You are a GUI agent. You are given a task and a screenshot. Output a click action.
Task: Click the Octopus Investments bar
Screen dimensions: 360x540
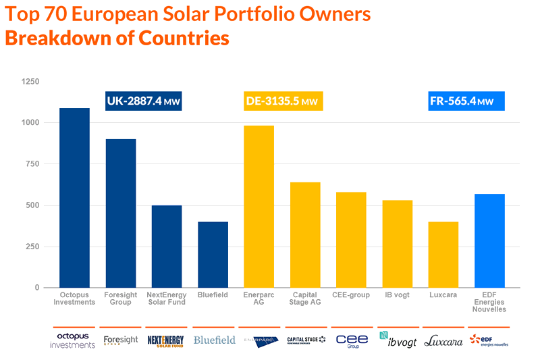75,198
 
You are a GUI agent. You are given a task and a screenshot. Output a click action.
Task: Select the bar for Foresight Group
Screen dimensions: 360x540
121,213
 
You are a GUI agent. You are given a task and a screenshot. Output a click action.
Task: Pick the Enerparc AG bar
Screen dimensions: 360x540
259,207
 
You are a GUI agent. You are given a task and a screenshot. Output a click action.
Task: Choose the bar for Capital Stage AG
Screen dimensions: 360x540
305,235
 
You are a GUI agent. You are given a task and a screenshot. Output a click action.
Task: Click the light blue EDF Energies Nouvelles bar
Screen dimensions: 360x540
489,240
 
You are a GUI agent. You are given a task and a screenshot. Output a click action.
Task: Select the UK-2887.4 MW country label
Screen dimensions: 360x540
144,101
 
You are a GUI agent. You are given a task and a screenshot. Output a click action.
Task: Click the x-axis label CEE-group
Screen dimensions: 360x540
351,295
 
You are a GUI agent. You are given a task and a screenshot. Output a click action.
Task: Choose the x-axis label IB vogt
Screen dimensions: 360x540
397,295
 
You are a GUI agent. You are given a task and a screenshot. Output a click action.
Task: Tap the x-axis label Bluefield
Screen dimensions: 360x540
213,295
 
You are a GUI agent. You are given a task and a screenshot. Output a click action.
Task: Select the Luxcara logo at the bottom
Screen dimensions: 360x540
443,341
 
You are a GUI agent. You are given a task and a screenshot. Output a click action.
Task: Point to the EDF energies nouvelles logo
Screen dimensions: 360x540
489,340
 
